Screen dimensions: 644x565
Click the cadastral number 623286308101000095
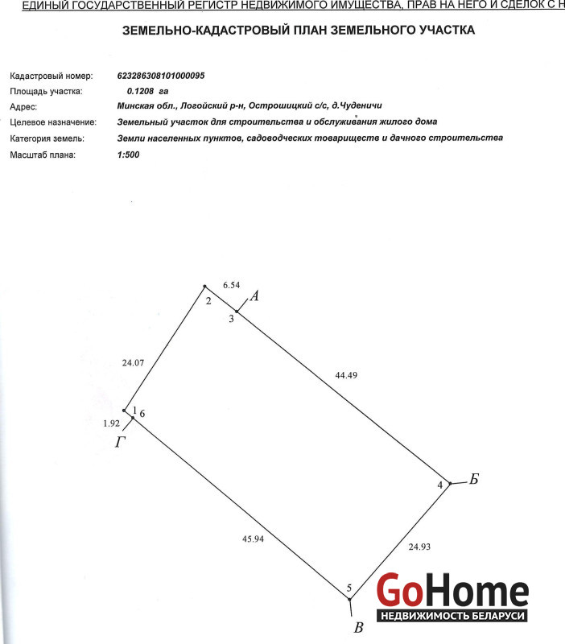click(161, 75)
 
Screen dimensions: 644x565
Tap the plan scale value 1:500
click(128, 154)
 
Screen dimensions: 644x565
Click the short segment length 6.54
click(231, 285)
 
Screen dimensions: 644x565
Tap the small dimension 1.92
click(111, 423)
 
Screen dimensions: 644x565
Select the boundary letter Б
click(474, 480)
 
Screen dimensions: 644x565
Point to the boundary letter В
click(359, 628)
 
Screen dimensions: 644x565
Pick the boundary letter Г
click(120, 442)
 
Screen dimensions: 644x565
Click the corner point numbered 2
click(205, 287)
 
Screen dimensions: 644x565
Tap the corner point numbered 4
click(450, 484)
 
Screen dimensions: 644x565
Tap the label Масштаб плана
click(43, 154)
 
